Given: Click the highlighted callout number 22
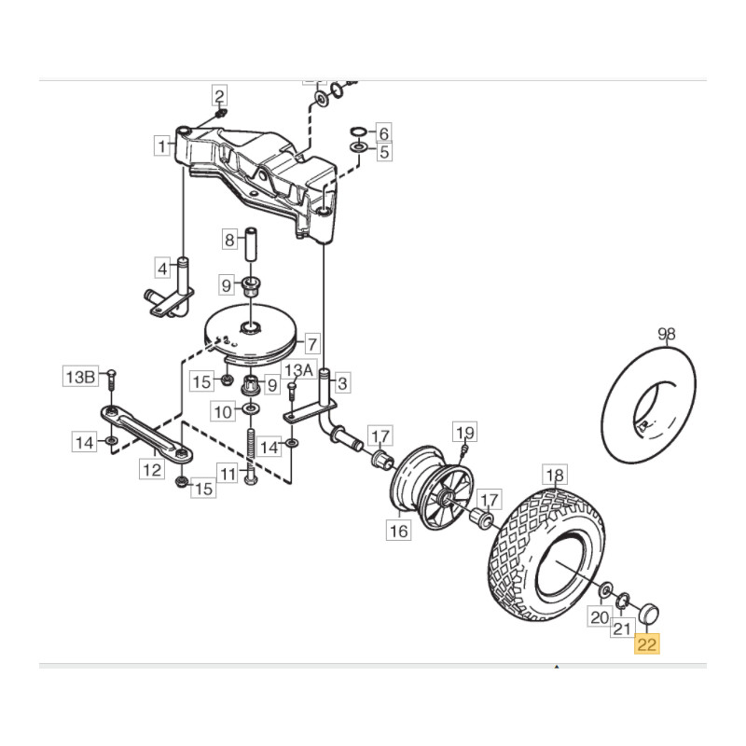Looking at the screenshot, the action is pos(646,644).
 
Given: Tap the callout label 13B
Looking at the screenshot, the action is pos(80,377).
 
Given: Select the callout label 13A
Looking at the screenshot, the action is pos(298,369).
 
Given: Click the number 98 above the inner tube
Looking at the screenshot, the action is pos(666,334).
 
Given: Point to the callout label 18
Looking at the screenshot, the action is pos(555,475).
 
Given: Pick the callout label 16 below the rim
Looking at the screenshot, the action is pos(398,530).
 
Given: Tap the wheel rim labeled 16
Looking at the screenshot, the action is pos(432,487).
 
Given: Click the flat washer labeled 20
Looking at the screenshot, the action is pos(606,590).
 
